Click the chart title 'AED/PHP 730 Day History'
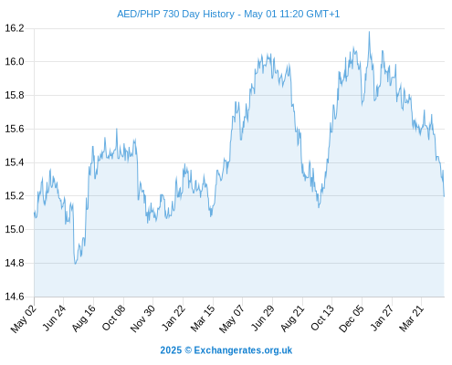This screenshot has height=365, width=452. [175, 14]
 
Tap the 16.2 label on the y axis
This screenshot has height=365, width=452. [15, 28]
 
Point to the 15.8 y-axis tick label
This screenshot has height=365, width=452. [15, 96]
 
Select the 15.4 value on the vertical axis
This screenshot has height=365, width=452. [15, 162]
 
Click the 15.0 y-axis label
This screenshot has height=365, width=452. [15, 230]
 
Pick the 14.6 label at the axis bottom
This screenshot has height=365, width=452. [15, 297]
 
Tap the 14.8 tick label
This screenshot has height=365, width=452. [15, 263]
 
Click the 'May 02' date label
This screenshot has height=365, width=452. [24, 318]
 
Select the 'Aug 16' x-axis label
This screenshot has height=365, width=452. [84, 318]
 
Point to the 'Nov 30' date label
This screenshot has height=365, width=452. [143, 318]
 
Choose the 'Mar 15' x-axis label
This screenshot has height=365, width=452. [203, 318]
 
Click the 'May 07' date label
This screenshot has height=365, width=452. [232, 318]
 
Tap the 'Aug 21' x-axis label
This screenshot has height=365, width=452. [292, 318]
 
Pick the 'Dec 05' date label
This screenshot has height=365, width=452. [352, 318]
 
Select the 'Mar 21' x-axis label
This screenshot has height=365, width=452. [412, 318]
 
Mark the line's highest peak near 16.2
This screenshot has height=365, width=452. [369, 32]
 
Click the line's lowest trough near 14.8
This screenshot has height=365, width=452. [75, 264]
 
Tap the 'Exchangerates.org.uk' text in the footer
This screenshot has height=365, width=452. [243, 350]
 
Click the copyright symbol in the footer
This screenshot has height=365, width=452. [188, 350]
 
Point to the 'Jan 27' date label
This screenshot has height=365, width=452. [383, 318]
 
